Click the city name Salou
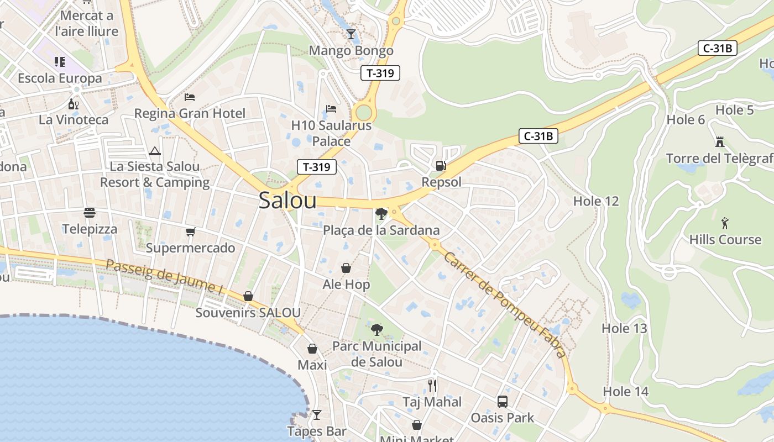287,201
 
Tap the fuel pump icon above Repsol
441,165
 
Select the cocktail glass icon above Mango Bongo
351,34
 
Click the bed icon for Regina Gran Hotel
190,97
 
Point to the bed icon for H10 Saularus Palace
331,109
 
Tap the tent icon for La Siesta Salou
155,151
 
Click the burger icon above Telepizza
90,213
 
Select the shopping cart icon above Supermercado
190,231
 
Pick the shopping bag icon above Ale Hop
346,268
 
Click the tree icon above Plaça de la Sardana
380,214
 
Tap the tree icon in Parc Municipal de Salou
377,330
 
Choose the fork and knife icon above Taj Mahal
432,385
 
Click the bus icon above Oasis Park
502,401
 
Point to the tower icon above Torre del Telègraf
719,142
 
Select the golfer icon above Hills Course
725,223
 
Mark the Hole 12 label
596,201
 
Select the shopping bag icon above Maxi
312,349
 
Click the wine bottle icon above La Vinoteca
73,103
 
